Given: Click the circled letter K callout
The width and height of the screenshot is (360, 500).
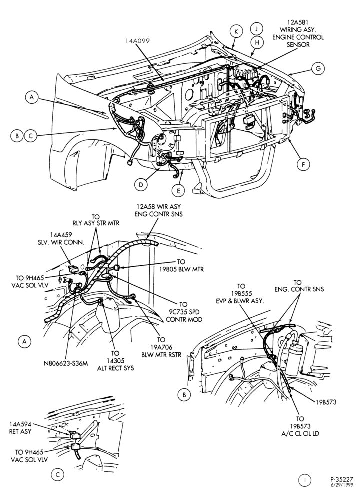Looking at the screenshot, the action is click(236, 32).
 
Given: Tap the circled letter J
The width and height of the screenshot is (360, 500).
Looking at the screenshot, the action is click(256, 28).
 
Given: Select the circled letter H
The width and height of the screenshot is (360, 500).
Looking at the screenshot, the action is click(257, 42).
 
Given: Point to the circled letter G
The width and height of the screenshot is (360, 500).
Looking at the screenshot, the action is click(318, 68).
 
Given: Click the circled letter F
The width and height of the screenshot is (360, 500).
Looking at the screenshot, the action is click(303, 164).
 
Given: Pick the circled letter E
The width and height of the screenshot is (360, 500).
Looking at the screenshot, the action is click(178, 190).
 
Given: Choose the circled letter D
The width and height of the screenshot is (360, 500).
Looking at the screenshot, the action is click(141, 184).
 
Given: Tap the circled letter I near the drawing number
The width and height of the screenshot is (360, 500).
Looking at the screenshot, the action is click(305, 480).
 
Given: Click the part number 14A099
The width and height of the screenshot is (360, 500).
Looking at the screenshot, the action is click(137, 41).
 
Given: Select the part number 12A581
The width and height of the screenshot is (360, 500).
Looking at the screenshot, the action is click(298, 22).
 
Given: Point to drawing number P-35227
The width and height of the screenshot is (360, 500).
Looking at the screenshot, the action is click(341, 479).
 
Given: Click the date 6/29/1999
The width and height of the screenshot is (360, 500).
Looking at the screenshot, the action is click(341, 485).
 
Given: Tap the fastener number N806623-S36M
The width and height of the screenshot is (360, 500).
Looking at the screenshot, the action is click(65, 363).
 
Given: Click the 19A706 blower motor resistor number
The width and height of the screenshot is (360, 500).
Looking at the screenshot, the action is click(161, 347).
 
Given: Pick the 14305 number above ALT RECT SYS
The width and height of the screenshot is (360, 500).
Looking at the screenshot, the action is click(115, 360).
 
